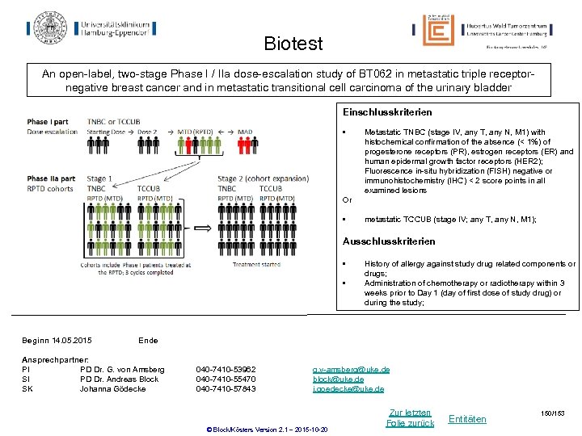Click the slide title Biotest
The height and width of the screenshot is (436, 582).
[x=293, y=44]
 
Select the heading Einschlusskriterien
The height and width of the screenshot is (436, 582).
[x=387, y=112]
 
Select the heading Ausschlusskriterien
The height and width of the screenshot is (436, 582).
[x=389, y=241]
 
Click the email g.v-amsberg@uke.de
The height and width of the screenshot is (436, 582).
[x=351, y=369]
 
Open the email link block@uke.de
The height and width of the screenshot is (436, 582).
[x=338, y=379]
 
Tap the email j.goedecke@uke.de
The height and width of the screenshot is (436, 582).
[x=348, y=388]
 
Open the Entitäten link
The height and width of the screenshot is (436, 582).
[x=467, y=417]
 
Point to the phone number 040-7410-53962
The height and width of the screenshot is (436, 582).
[x=226, y=369]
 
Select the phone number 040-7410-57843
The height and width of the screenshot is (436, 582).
[x=226, y=388]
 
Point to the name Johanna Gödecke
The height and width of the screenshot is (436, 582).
[x=112, y=388]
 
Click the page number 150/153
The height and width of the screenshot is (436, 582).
[x=554, y=413]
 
